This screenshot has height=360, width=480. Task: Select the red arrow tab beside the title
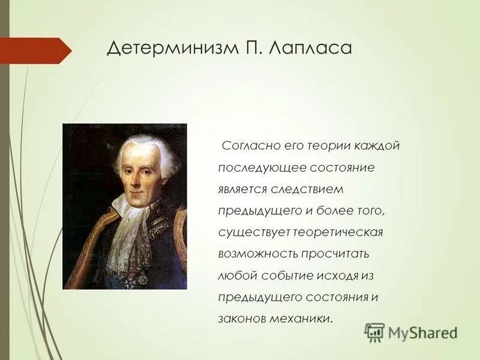(33, 50)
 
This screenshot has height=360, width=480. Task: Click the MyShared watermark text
(422, 332)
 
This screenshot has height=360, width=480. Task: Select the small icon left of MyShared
(374, 332)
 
